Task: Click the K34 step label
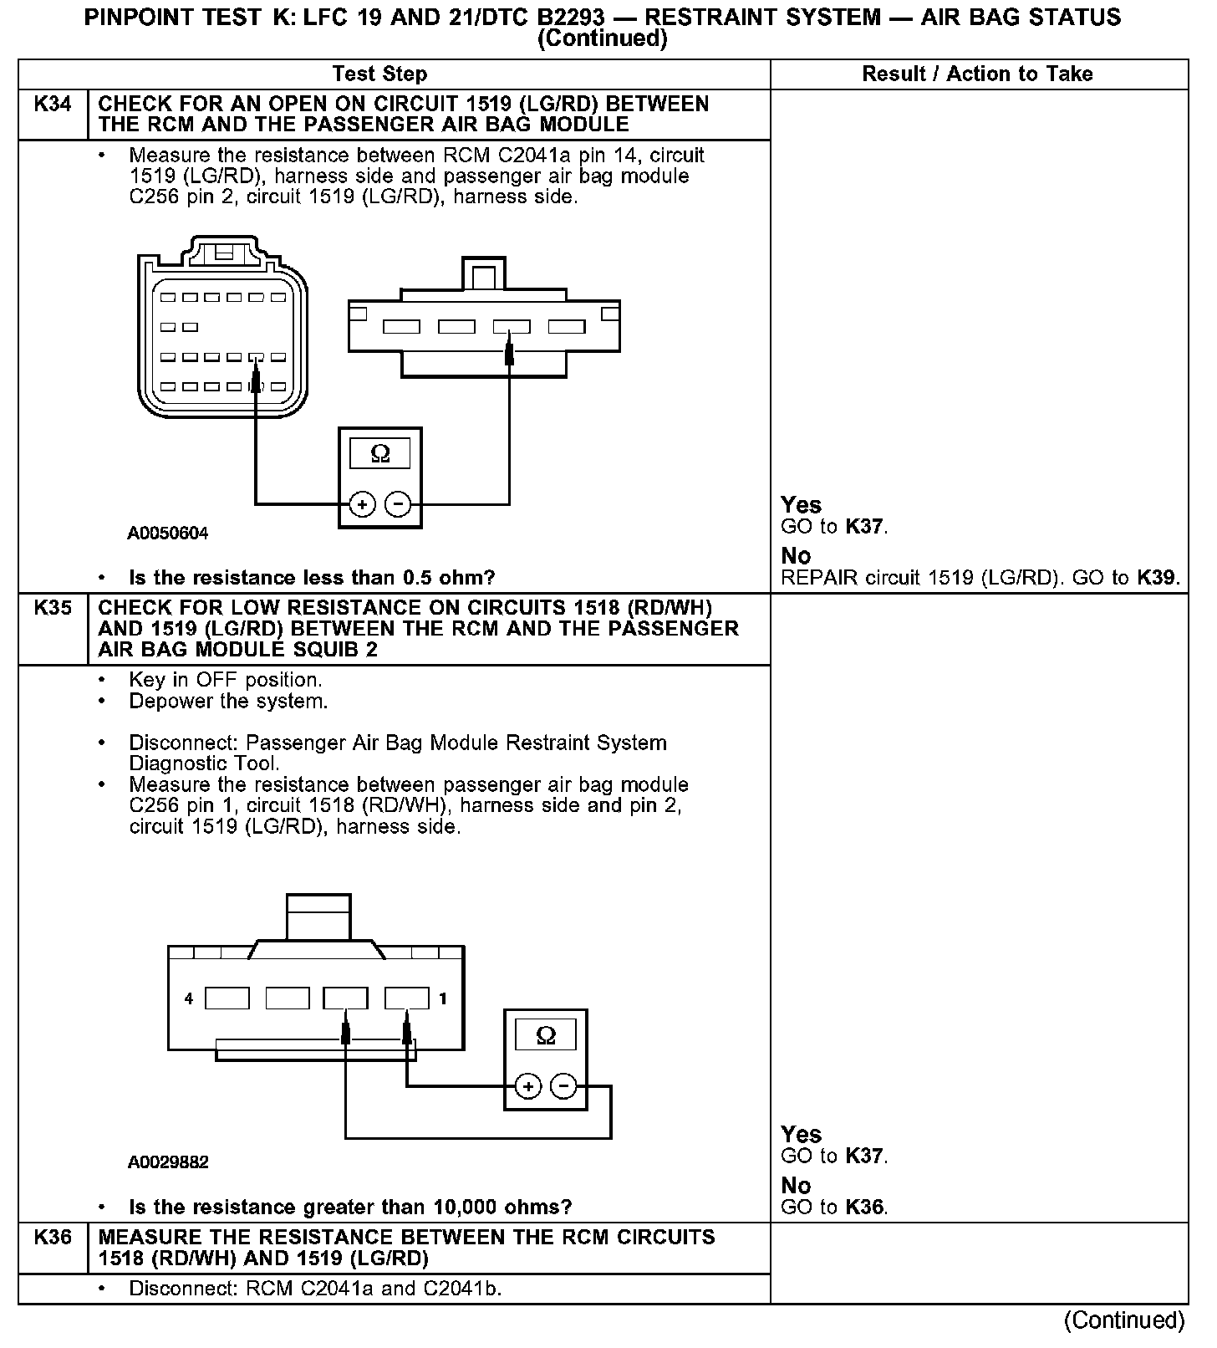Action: pyautogui.click(x=53, y=105)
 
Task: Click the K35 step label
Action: pyautogui.click(x=53, y=608)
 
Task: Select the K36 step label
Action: pyautogui.click(x=53, y=1238)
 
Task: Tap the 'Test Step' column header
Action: pyautogui.click(x=379, y=74)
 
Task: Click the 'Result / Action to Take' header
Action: pyautogui.click(x=977, y=74)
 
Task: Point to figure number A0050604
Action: pyautogui.click(x=168, y=534)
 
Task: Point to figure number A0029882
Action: pyautogui.click(x=168, y=1162)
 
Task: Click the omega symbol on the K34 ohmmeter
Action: pyautogui.click(x=380, y=454)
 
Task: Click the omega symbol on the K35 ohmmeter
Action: pyautogui.click(x=546, y=1036)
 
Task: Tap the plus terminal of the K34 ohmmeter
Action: pyautogui.click(x=362, y=504)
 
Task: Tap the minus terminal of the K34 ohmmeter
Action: pyautogui.click(x=398, y=504)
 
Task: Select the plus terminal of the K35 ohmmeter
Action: pyautogui.click(x=527, y=1086)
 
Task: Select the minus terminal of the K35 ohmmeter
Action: pyautogui.click(x=564, y=1086)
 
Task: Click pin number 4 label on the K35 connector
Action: pyautogui.click(x=189, y=998)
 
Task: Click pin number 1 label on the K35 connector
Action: pyautogui.click(x=443, y=998)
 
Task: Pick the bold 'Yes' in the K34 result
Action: pyautogui.click(x=801, y=505)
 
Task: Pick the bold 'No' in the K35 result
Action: pyautogui.click(x=796, y=1186)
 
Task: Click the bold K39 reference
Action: pyautogui.click(x=1157, y=578)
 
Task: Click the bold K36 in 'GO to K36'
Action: pyautogui.click(x=864, y=1208)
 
